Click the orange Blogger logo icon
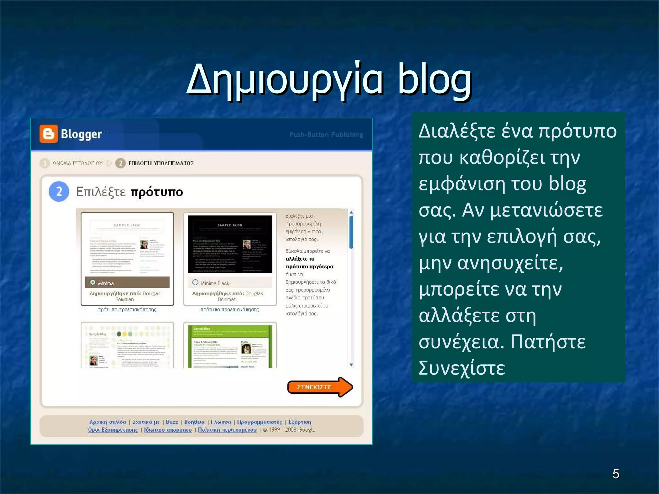(x=49, y=133)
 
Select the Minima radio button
(x=93, y=282)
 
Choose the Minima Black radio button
(x=195, y=282)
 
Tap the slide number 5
(x=616, y=474)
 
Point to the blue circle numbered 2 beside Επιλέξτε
(x=59, y=192)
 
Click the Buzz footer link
(x=172, y=422)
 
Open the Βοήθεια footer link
(x=194, y=422)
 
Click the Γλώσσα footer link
(x=221, y=422)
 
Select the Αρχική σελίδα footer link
(x=108, y=422)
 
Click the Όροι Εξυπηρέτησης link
(x=113, y=430)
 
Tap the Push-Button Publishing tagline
(x=326, y=135)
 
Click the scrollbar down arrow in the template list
(x=351, y=365)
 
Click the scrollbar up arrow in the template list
(x=351, y=212)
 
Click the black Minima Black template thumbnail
(x=230, y=244)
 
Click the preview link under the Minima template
(x=127, y=310)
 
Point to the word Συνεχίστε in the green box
(x=462, y=368)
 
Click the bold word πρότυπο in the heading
(x=157, y=192)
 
